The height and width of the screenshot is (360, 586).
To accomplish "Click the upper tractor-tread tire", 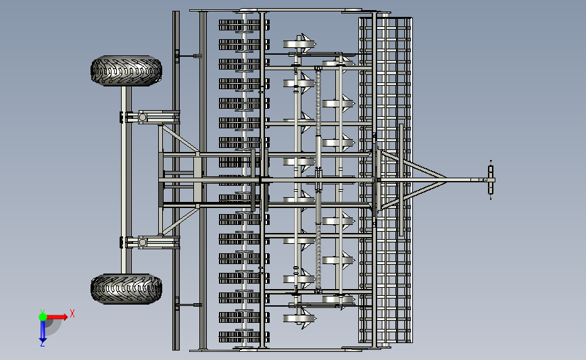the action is click(x=126, y=70).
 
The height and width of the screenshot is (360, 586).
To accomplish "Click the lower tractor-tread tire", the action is click(x=126, y=288).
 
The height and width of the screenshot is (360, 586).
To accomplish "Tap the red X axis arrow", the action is click(x=57, y=317).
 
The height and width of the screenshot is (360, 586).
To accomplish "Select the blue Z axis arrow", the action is click(x=43, y=331).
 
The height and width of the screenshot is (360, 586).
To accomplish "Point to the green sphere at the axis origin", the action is click(x=43, y=317).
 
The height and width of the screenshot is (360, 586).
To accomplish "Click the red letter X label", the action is click(x=72, y=313).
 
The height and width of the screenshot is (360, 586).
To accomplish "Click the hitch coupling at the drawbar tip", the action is click(x=490, y=180).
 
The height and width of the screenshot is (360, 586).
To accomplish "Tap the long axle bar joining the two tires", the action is click(x=126, y=180).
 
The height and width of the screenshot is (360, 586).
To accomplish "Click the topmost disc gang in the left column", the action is click(x=244, y=25).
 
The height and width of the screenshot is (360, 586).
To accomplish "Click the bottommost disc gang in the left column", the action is click(x=244, y=337).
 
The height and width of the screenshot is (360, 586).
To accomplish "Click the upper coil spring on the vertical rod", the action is click(x=318, y=103).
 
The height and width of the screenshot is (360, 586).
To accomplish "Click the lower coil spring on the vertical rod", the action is click(x=318, y=256).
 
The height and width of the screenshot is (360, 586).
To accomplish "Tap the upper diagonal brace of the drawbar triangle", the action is click(x=414, y=164).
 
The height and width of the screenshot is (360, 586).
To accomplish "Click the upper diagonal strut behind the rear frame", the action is click(x=180, y=138).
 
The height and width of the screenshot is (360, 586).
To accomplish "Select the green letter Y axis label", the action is click(x=43, y=311).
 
